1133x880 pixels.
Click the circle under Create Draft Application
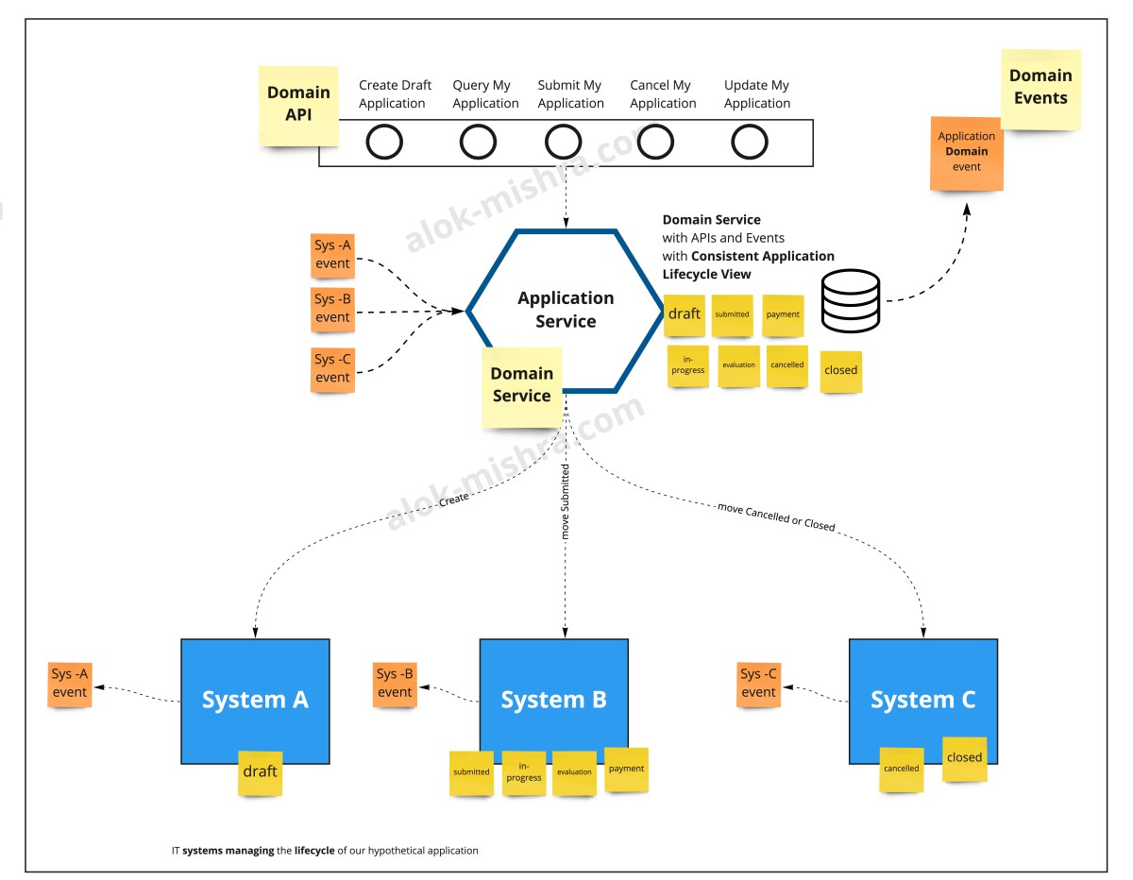point(384,143)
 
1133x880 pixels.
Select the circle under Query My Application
point(478,143)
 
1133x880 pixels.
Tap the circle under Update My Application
point(750,143)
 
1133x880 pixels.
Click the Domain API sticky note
point(298,105)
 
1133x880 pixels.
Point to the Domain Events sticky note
point(1040,88)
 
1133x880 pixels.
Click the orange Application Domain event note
point(966,152)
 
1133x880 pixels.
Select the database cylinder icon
point(850,300)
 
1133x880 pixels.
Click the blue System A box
point(255,700)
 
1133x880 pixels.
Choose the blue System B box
point(553,700)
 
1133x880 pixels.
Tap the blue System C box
point(922,700)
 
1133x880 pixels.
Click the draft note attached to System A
point(260,771)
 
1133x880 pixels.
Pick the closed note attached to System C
point(964,758)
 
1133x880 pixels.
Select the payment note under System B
point(626,769)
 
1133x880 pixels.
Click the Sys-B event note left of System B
point(395,684)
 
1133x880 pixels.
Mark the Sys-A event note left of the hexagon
point(332,255)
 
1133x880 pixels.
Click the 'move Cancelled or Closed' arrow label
point(776,517)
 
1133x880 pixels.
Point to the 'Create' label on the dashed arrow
point(453,501)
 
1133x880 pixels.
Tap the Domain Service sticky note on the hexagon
point(521,386)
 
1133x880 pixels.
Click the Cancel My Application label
point(663,94)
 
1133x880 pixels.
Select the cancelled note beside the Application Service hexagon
point(786,364)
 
